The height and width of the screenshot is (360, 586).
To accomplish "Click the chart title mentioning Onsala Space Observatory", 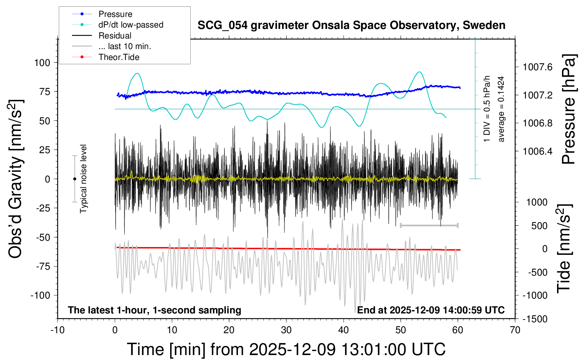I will click(351, 25).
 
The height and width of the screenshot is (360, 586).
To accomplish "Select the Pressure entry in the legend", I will click(115, 14).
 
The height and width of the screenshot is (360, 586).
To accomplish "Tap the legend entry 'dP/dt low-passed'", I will click(131, 25).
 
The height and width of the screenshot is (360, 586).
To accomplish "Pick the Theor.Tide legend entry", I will click(119, 57).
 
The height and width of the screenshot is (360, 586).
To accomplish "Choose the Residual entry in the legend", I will click(115, 36).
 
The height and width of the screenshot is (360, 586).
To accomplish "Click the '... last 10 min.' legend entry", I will click(125, 46).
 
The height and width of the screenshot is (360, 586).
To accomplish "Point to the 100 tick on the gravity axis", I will click(42, 63).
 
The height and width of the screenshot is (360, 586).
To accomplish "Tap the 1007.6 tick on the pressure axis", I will click(538, 67).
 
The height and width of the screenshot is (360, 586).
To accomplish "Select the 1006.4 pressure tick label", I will click(538, 151).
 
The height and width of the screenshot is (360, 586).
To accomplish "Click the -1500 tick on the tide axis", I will click(535, 319).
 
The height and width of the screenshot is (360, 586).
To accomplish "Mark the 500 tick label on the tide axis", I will click(539, 226).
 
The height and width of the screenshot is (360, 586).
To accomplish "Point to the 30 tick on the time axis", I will click(286, 330).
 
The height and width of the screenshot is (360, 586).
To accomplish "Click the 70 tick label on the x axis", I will click(515, 330).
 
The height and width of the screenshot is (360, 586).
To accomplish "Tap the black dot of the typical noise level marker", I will click(74, 179).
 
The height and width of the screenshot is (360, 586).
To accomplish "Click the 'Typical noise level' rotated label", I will click(83, 179).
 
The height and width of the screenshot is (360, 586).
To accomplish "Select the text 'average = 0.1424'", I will click(501, 109).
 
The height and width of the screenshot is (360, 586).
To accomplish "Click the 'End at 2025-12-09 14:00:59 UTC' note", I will click(431, 310).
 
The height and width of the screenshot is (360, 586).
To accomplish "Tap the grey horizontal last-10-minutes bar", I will click(429, 225).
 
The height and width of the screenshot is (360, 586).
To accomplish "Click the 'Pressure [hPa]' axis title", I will click(568, 109).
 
